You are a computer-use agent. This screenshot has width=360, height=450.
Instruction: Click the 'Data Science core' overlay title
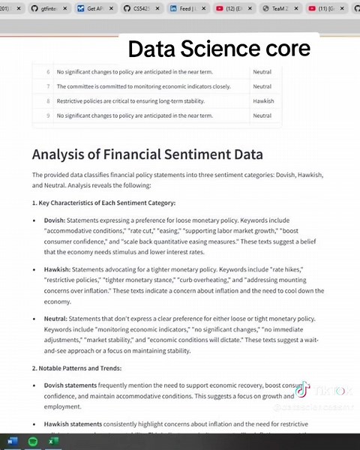pos(219,49)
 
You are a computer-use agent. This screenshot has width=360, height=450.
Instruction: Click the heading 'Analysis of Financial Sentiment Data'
pos(147,154)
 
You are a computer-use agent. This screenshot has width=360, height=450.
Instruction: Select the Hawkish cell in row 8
pos(262,100)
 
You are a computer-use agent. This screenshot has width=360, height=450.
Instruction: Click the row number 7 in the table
pos(48,86)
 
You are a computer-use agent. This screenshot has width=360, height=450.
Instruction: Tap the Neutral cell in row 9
pos(262,115)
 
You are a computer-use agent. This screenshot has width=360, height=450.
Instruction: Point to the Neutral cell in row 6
pos(262,72)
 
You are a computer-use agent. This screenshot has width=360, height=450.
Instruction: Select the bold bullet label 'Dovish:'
pos(55,220)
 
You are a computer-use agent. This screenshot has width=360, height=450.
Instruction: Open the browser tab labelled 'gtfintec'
pos(51,9)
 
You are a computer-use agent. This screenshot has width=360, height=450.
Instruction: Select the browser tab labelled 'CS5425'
pos(146,9)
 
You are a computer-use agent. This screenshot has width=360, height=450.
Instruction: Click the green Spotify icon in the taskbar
pos(34,442)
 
